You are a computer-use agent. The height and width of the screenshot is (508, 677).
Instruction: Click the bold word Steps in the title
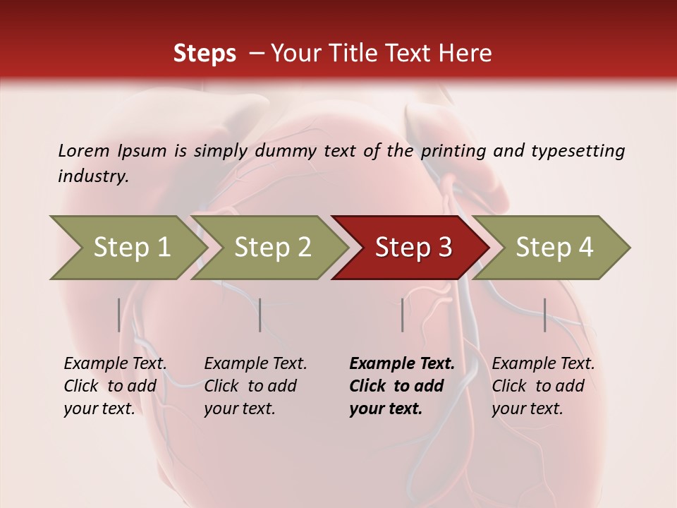[x=205, y=54]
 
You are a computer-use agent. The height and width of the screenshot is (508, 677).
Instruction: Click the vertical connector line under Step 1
[x=119, y=315]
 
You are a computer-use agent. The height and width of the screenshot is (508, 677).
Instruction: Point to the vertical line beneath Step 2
[x=260, y=315]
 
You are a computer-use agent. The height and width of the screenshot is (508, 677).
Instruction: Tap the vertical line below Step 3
[x=402, y=315]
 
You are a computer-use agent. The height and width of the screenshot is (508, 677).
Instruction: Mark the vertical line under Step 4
[x=544, y=315]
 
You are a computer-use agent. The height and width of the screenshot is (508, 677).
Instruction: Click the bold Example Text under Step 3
[x=402, y=364]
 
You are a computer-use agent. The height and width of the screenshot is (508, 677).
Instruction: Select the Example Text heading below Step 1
[x=115, y=364]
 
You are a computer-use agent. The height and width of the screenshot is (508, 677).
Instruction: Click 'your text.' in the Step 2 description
[x=239, y=409]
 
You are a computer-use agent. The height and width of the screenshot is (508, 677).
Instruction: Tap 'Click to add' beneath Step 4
[x=538, y=386]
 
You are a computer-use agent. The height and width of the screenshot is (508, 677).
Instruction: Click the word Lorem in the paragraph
[x=83, y=151]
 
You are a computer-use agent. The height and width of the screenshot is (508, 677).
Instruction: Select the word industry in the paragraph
[x=92, y=176]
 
